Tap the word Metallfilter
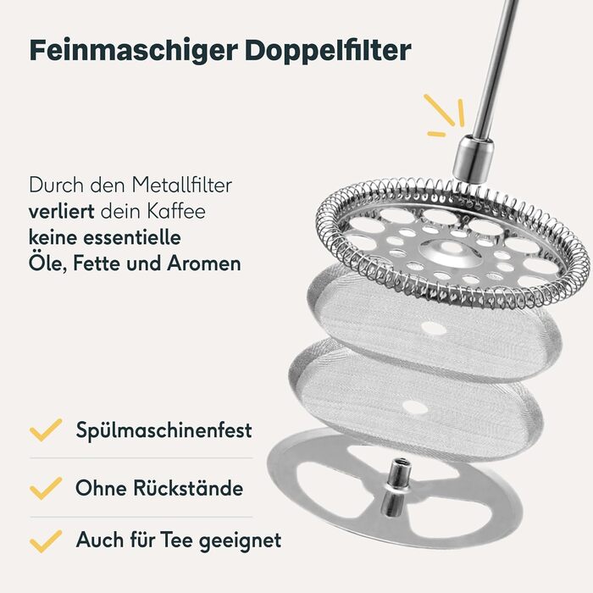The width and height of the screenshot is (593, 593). point(181,186)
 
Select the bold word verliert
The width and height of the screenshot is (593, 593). point(61,211)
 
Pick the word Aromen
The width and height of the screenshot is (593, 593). point(204,263)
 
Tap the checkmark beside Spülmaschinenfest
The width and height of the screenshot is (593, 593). point(46,430)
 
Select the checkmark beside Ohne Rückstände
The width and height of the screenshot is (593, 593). point(46,488)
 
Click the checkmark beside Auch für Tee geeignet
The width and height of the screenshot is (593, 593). point(46,541)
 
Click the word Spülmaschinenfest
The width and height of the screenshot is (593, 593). point(163,430)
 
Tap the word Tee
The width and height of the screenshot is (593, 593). point(177,540)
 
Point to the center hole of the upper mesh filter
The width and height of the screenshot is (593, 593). point(434,329)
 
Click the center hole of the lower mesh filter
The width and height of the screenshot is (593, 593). point(415,407)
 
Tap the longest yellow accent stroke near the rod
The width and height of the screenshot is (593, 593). point(439,109)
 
